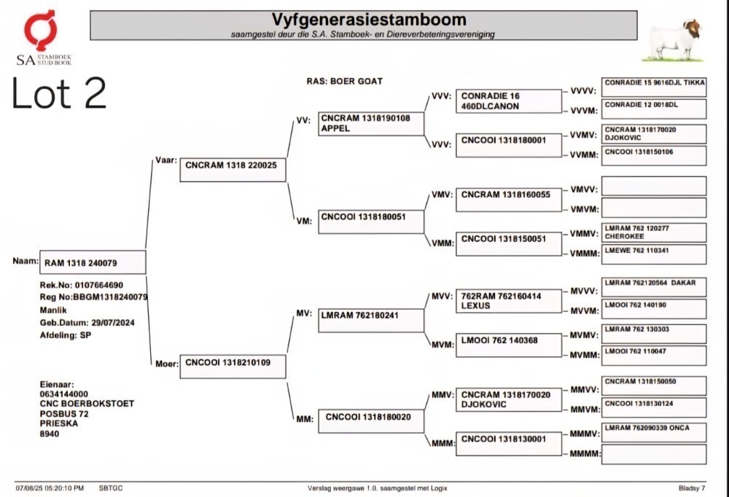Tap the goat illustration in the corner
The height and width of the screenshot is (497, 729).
tap(674, 41)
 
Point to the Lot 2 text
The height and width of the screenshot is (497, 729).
tap(59, 93)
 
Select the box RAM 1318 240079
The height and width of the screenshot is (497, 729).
tap(93, 262)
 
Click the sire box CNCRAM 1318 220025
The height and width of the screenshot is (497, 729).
tap(233, 170)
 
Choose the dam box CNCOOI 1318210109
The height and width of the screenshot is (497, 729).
tap(233, 367)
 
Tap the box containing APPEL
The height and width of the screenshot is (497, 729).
tap(371, 124)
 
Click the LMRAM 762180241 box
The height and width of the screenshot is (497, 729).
tap(371, 321)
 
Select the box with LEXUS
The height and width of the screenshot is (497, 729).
tap(509, 301)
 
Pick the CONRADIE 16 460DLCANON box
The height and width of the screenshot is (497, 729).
tap(509, 101)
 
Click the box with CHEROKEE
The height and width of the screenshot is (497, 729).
tap(654, 232)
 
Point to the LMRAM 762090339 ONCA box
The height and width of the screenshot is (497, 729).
tap(654, 432)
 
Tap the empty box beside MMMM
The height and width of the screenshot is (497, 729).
tap(654, 454)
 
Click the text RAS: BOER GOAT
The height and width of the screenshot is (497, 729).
tap(345, 82)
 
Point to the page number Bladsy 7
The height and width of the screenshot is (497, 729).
tap(692, 488)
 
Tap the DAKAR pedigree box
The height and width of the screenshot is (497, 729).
tap(654, 287)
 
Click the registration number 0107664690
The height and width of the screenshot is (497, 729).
tap(99, 285)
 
